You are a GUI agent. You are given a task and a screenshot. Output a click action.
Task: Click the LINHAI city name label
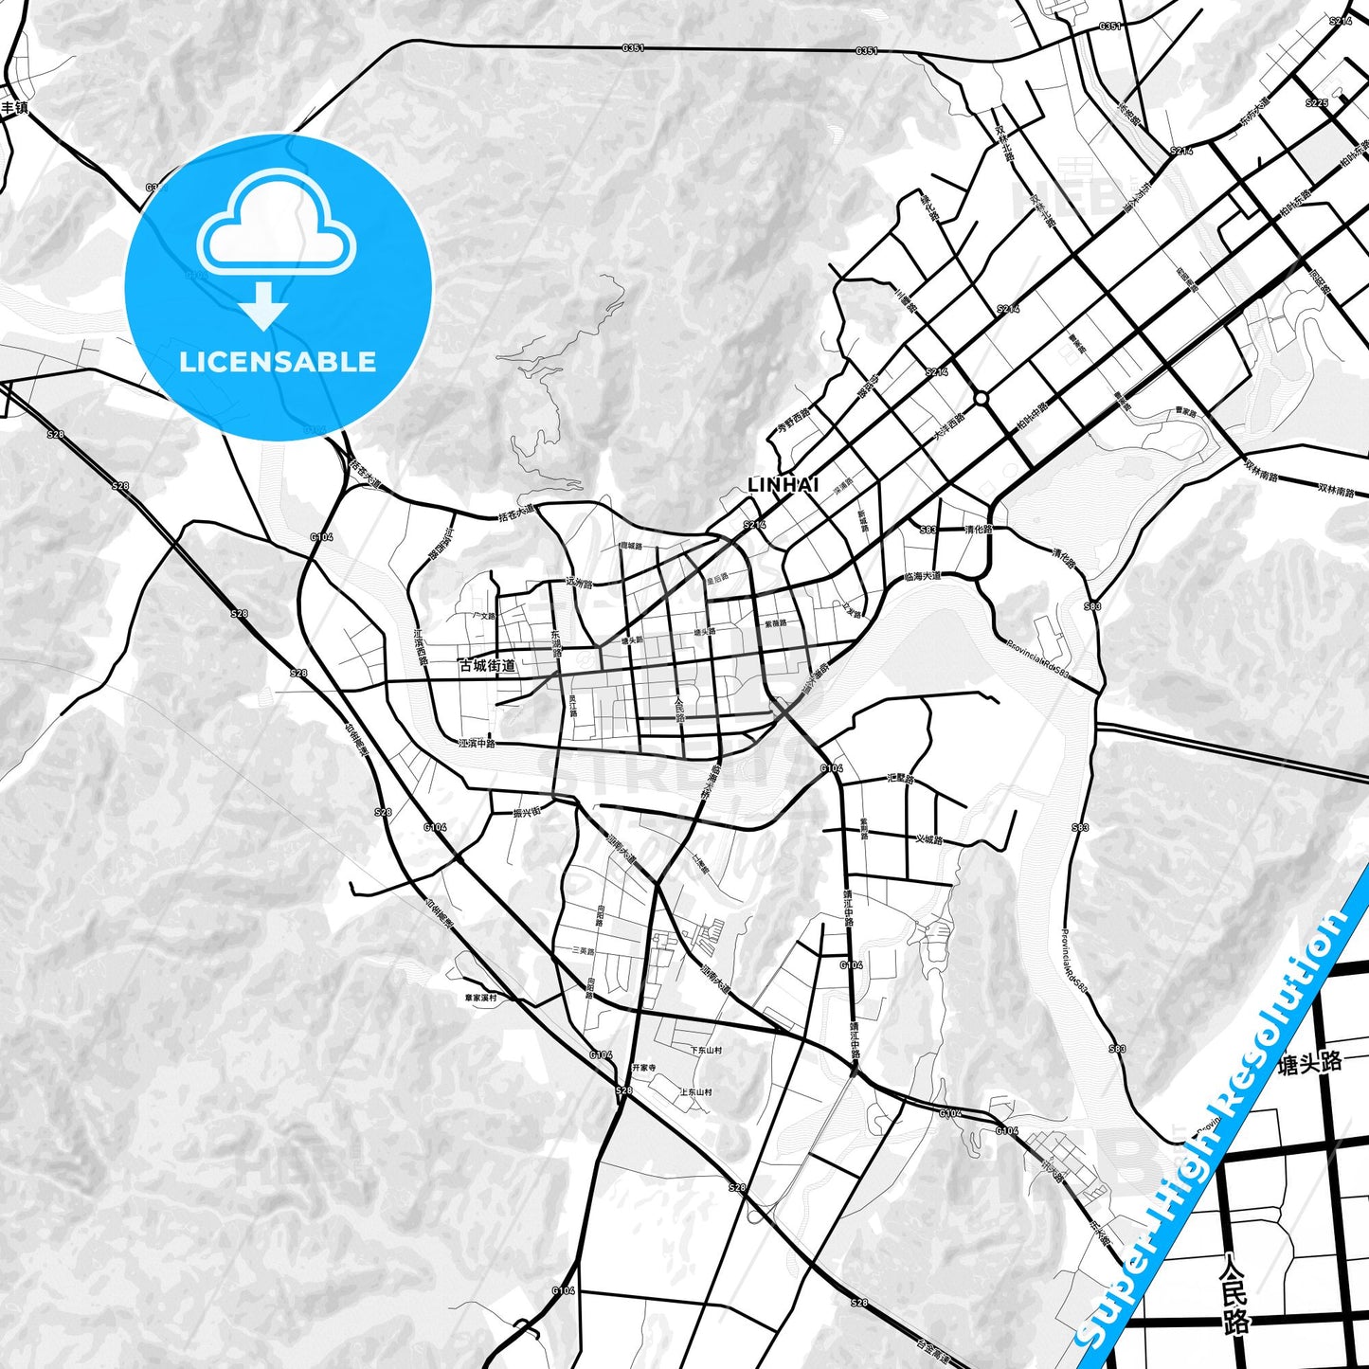tap(783, 485)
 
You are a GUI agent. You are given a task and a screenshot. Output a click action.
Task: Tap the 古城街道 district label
tap(487, 666)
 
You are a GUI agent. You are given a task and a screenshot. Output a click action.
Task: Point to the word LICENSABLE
tap(278, 362)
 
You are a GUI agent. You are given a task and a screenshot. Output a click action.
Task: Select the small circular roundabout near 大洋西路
tap(981, 398)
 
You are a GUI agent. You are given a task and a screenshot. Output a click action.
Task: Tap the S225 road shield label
tap(1316, 102)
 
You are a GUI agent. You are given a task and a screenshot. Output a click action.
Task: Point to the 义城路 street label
tap(929, 839)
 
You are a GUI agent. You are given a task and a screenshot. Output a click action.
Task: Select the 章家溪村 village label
tap(480, 998)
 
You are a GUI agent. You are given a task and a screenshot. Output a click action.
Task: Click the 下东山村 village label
tap(706, 1050)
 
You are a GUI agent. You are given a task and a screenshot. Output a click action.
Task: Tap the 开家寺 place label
tap(644, 1068)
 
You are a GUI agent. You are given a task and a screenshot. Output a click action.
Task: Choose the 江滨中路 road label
tap(477, 744)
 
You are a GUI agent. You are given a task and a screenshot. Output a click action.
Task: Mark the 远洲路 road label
tap(577, 582)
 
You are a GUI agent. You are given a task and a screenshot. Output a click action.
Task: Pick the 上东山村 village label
tap(695, 1092)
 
